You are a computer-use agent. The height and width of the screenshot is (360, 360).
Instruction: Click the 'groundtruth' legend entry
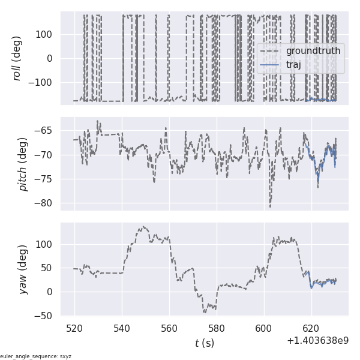coord(313,51)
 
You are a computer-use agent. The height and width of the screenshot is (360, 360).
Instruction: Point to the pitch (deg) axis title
coord(23,164)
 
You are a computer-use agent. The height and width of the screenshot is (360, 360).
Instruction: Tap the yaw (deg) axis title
coord(23,269)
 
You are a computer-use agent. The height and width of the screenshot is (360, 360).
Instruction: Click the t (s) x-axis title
coord(204,343)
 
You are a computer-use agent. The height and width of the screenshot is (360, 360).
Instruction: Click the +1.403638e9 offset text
coord(317,341)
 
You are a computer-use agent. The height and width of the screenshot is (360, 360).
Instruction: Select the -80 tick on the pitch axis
coord(47,203)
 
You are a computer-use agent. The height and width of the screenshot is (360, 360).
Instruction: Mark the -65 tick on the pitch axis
coord(47,130)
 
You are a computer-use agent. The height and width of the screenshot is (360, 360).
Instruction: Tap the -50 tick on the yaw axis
coord(47,316)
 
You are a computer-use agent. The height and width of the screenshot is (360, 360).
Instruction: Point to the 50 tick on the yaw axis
coord(49,268)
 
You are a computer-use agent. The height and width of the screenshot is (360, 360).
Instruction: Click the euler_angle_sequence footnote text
coord(36,356)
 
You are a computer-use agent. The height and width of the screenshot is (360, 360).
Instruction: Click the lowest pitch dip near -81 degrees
coord(270,207)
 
